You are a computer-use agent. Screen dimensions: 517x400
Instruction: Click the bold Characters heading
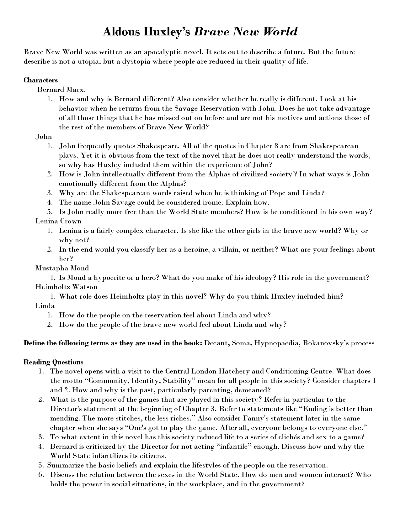(41, 80)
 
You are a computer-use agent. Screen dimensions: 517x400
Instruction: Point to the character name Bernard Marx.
(61, 90)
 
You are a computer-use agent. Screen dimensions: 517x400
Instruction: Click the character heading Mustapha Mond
(62, 268)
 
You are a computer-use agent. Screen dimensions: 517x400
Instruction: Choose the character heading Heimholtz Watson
(67, 287)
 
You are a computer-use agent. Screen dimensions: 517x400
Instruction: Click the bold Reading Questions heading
(53, 362)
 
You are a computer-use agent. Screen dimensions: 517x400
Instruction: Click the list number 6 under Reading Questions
(41, 475)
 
